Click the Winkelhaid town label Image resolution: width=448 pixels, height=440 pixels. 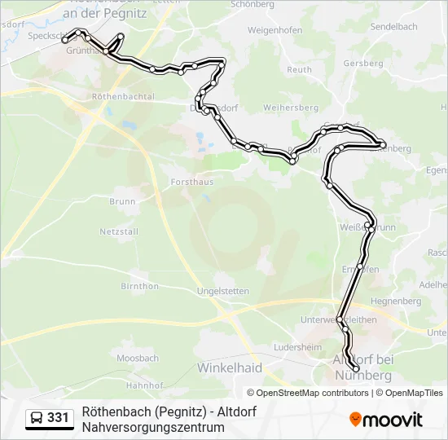tap(230, 368)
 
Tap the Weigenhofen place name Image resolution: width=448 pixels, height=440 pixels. tap(275, 30)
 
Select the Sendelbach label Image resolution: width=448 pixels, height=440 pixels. tap(393, 27)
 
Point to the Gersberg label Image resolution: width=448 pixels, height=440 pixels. tap(363, 64)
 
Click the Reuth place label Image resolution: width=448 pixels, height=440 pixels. tap(300, 70)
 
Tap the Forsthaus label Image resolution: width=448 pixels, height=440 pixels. tap(192, 182)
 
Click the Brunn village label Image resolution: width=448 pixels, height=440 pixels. tap(122, 201)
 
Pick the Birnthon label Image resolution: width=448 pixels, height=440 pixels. tap(139, 287)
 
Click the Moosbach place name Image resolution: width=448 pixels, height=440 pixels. tap(138, 359)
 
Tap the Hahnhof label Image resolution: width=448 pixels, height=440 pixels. tap(146, 385)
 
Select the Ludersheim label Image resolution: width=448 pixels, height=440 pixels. tap(298, 347)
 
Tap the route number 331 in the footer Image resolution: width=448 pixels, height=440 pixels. tap(58, 418)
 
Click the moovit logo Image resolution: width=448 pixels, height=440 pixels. tap(386, 420)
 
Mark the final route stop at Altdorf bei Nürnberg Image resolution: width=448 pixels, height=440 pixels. tap(356, 369)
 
